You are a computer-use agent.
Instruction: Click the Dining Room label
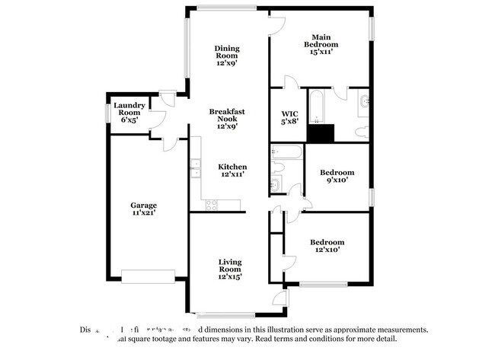click(x=227, y=52)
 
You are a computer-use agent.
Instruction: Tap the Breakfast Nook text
click(x=227, y=119)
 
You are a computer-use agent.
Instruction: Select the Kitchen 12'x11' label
click(x=232, y=170)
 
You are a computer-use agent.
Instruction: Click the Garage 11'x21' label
click(x=143, y=209)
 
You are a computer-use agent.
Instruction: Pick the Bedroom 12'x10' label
click(x=327, y=244)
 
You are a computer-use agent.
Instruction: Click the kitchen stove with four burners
click(x=210, y=204)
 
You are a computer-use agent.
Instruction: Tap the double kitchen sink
click(x=195, y=167)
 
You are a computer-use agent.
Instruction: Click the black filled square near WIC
click(x=320, y=133)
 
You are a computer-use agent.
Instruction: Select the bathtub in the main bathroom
click(x=317, y=106)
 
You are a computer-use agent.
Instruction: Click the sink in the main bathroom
click(x=364, y=100)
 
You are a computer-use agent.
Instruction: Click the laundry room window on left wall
click(x=107, y=112)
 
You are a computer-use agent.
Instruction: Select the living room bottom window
click(x=224, y=314)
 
